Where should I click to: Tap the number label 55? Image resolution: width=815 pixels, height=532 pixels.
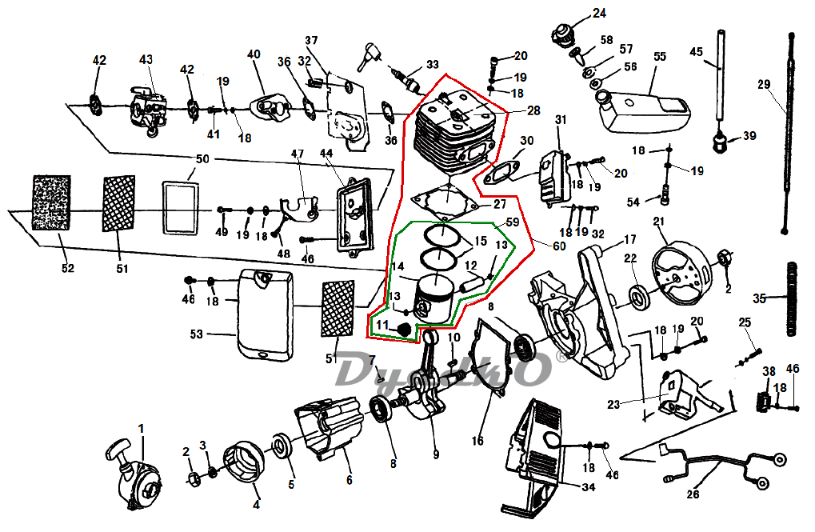pos(659,57)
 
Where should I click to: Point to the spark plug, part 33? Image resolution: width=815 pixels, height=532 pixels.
pos(409,81)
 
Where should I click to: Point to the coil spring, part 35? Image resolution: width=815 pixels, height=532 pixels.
pos(793,299)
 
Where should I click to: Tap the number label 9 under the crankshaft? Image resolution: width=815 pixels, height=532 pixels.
pos(436,455)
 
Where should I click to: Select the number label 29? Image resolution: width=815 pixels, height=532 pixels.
pos(763,83)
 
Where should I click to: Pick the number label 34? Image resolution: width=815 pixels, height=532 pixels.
pos(589,486)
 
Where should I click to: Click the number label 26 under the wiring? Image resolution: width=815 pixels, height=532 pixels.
pos(693,494)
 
